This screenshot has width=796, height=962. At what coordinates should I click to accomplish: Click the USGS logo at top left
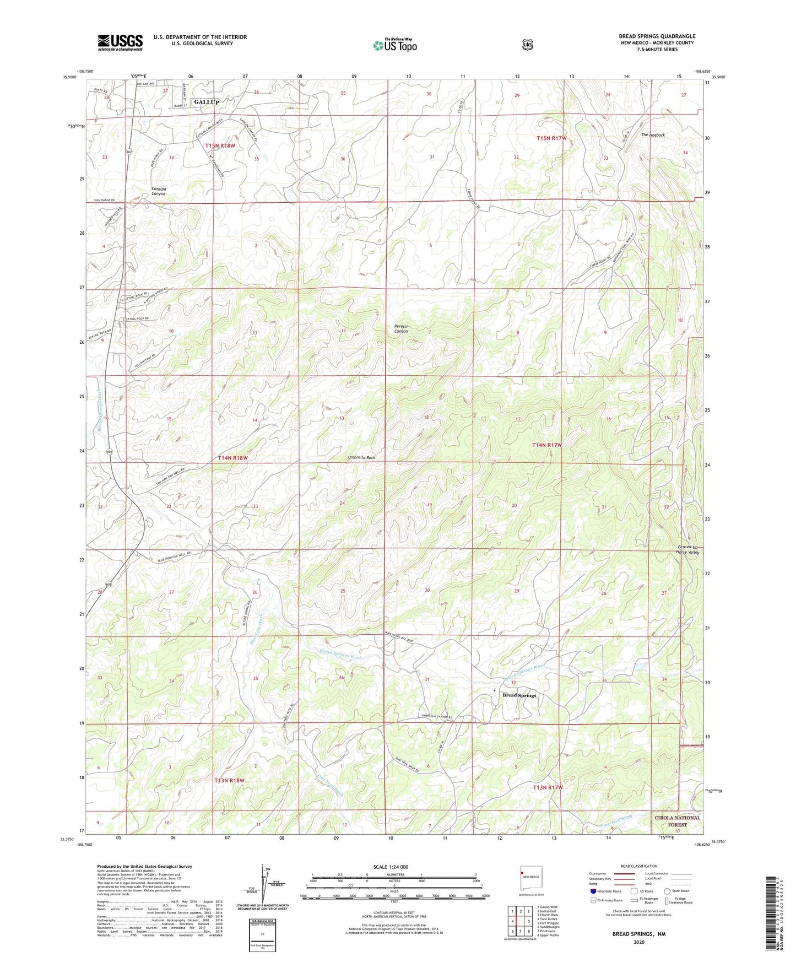tap(120, 42)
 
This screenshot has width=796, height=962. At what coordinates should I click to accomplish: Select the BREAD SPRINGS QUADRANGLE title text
tap(657, 36)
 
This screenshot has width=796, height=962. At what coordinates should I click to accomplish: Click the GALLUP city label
tap(207, 102)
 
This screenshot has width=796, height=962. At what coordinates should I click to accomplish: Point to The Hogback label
tap(653, 135)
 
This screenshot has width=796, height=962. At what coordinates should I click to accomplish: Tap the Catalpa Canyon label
tap(159, 191)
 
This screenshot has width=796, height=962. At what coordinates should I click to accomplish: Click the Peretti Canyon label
tap(401, 329)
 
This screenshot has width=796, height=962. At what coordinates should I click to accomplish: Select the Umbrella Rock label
tap(361, 458)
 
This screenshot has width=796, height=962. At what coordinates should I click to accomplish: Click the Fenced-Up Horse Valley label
tap(687, 549)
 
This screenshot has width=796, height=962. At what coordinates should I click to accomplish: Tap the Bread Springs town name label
tap(519, 695)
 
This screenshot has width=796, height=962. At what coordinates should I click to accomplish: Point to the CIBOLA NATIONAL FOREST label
tap(678, 821)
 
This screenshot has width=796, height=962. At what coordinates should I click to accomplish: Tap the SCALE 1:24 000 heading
tap(391, 867)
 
